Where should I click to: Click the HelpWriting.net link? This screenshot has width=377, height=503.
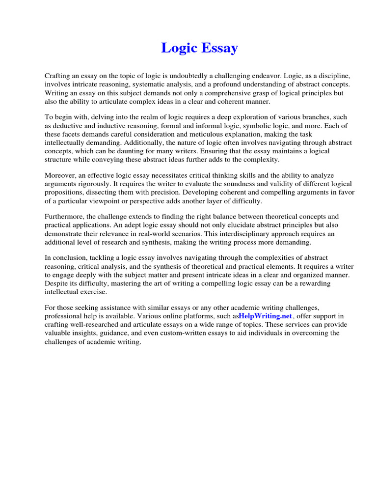[x=265, y=316]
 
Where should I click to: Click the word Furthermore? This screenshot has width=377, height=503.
[x=65, y=217]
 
